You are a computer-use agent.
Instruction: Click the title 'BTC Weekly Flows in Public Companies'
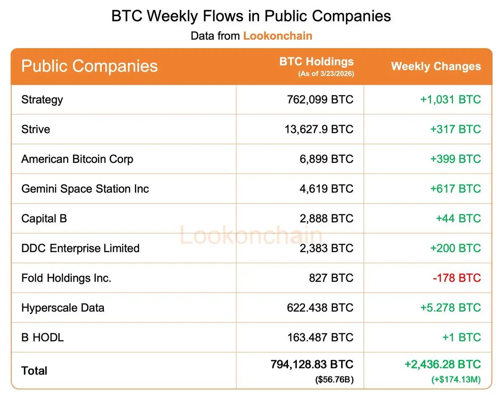(x=251, y=16)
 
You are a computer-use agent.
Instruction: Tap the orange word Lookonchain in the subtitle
(x=277, y=36)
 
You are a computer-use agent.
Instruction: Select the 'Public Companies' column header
(x=89, y=66)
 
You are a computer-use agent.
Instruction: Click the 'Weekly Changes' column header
(x=436, y=67)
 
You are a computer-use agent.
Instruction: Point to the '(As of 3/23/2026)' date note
(x=326, y=74)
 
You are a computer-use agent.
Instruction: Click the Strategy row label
(x=42, y=100)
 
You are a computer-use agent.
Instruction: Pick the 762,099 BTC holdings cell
(x=320, y=100)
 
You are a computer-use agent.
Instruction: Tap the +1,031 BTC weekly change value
(x=450, y=100)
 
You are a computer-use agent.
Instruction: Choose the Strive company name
(x=36, y=129)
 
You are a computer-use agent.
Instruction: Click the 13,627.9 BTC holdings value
(x=319, y=129)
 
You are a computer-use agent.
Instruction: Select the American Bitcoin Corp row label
(x=77, y=159)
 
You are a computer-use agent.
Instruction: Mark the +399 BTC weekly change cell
(x=455, y=159)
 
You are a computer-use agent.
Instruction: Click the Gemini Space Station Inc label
(x=85, y=189)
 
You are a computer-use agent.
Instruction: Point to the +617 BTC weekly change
(x=455, y=189)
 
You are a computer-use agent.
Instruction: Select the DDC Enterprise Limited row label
(x=80, y=248)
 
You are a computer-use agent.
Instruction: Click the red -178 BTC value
(x=457, y=278)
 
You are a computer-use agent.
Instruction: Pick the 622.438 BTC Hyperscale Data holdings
(x=320, y=308)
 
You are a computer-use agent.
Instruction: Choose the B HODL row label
(x=42, y=338)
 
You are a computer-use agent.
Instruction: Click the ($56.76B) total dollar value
(x=334, y=380)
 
